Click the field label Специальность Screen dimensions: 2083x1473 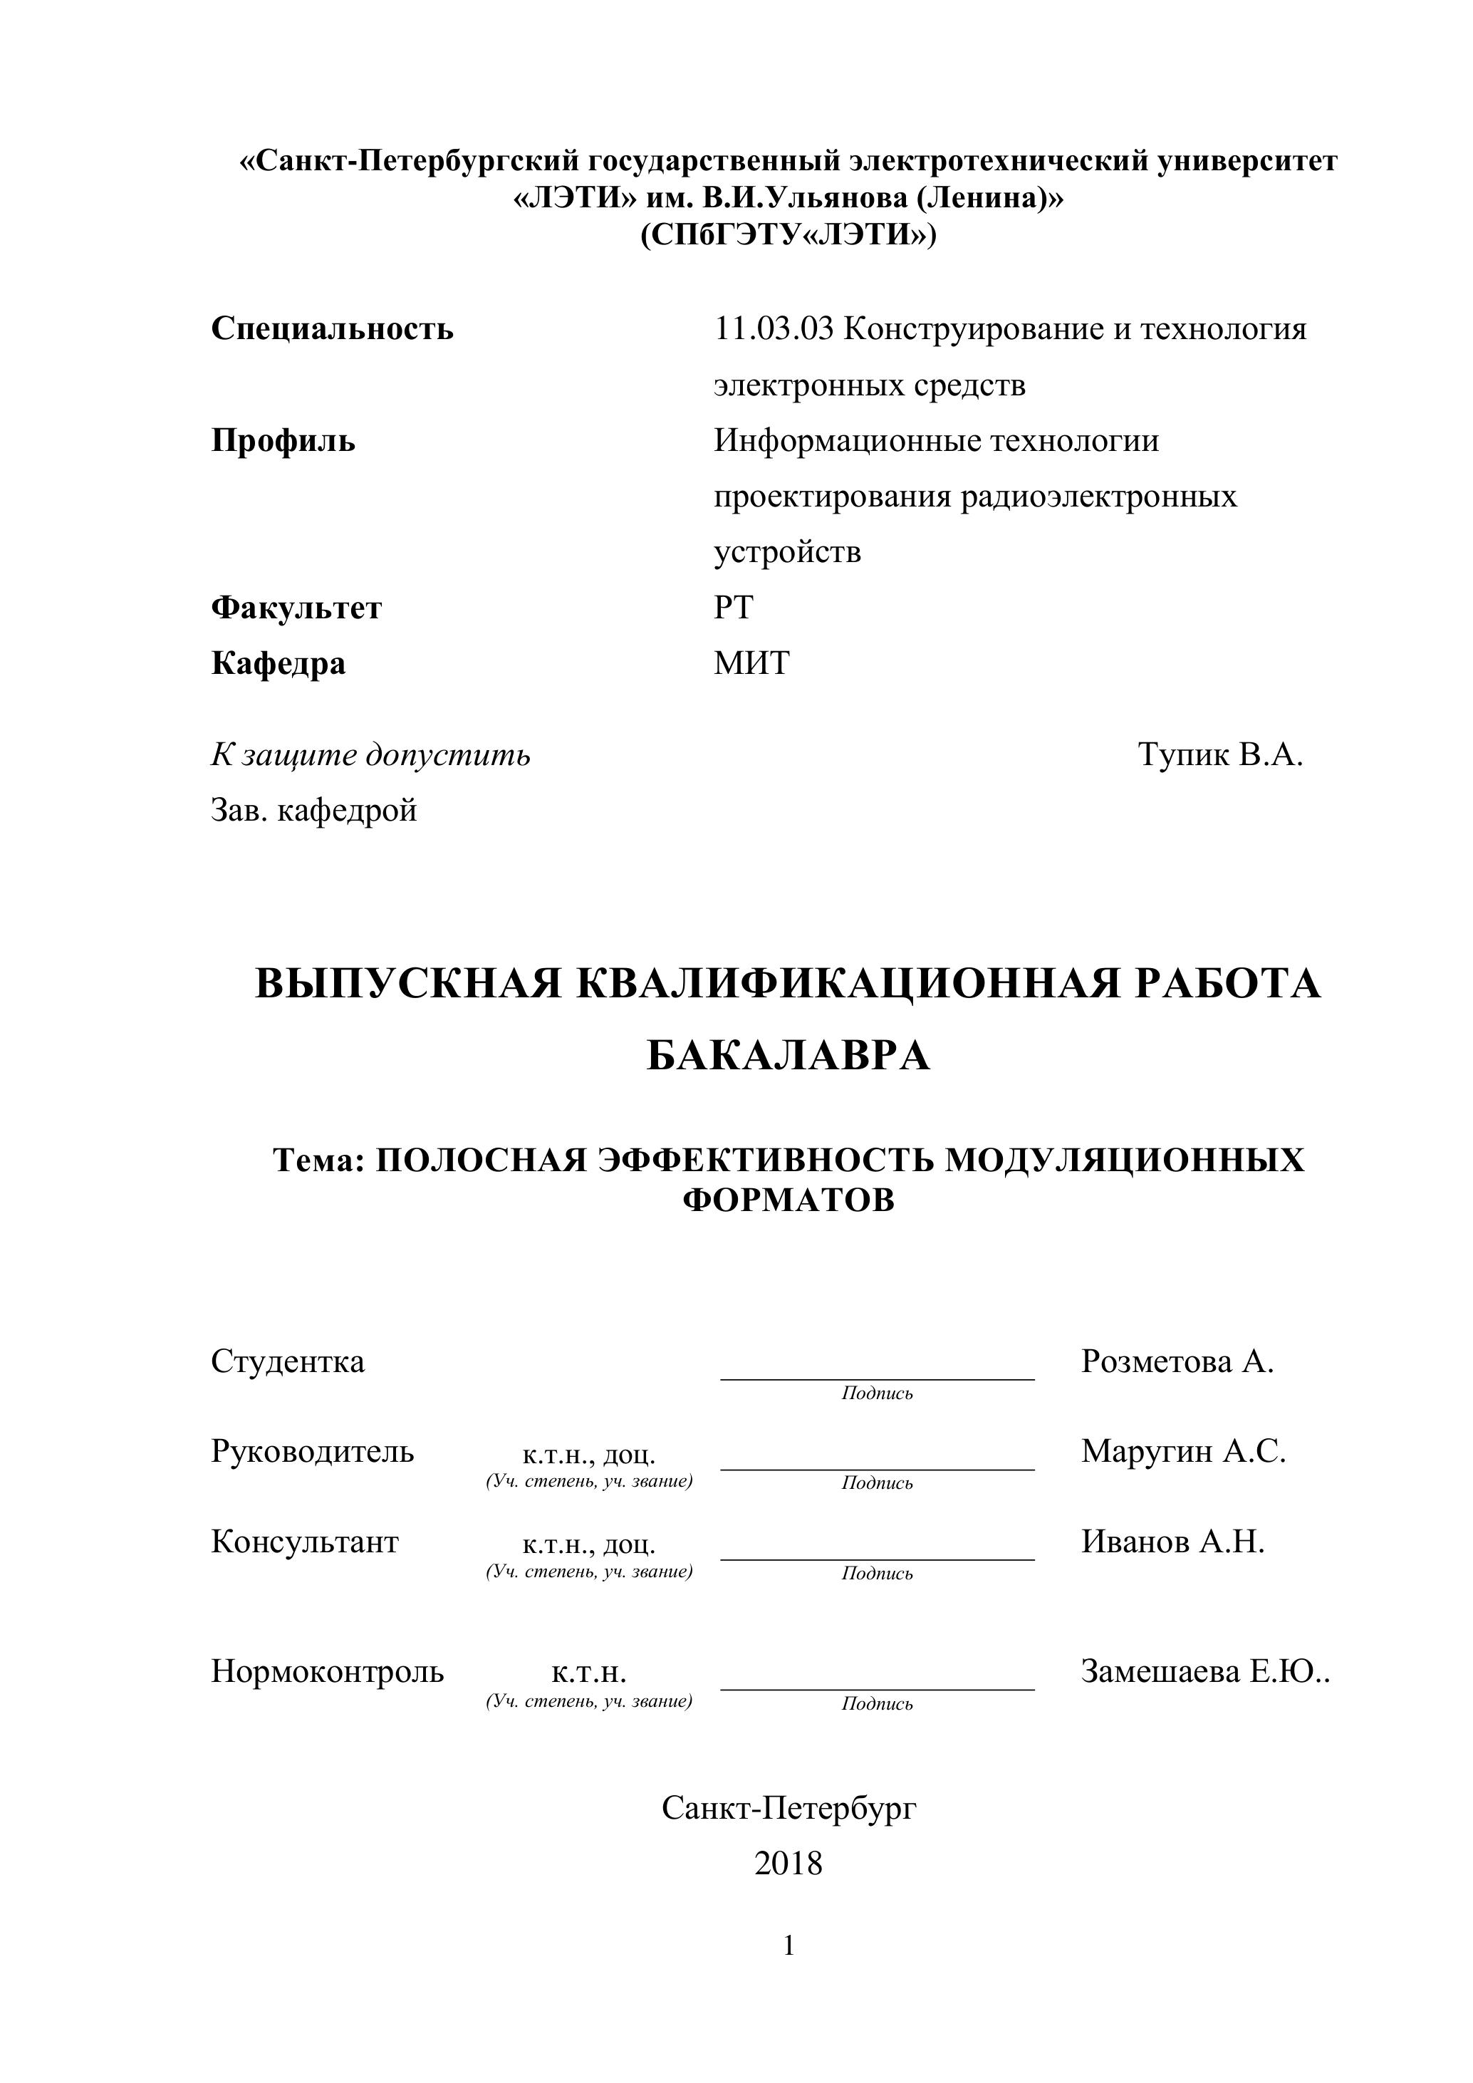pos(332,328)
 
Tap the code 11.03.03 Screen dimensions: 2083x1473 pos(773,328)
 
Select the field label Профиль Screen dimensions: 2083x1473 pos(283,441)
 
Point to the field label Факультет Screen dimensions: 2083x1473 pos(296,607)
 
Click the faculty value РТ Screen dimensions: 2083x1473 pos(733,607)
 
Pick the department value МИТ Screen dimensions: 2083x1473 pos(751,663)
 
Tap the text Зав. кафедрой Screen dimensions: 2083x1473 pos(314,809)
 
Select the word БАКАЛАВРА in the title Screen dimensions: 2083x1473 pos(788,1055)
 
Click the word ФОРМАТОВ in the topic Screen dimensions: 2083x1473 pos(788,1200)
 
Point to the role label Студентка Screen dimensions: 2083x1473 pos(288,1361)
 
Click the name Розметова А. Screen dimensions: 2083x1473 pos(1177,1361)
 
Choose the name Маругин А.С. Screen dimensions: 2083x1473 pos(1183,1450)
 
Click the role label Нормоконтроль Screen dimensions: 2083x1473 pos(328,1671)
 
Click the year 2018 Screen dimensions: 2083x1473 pos(788,1864)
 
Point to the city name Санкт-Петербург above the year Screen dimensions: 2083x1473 pos(788,1808)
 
